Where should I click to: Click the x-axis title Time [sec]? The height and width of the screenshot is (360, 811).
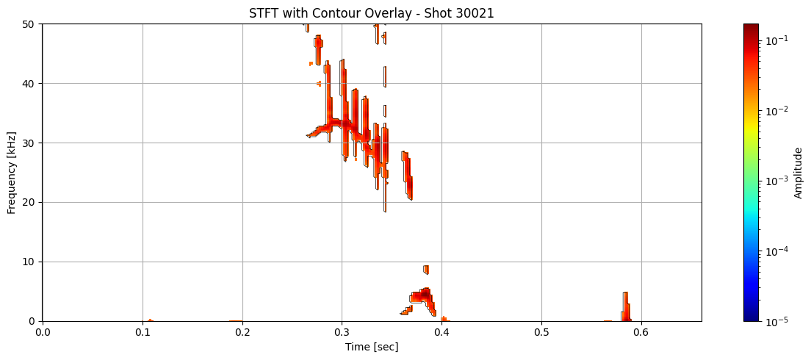coord(372,347)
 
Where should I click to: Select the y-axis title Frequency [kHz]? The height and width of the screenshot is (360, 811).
coord(11,173)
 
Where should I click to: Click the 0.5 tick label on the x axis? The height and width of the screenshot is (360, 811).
coord(541,332)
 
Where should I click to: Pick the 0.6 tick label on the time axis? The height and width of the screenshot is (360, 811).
coord(641,332)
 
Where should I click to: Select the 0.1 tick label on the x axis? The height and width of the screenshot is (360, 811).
coord(143,332)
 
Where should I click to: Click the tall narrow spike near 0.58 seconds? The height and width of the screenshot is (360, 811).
coord(626,307)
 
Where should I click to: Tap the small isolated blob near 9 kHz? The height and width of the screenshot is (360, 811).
coord(426,270)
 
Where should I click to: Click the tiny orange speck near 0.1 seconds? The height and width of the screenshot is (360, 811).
coord(150,320)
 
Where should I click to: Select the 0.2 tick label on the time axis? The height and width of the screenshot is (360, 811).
coord(242,332)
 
